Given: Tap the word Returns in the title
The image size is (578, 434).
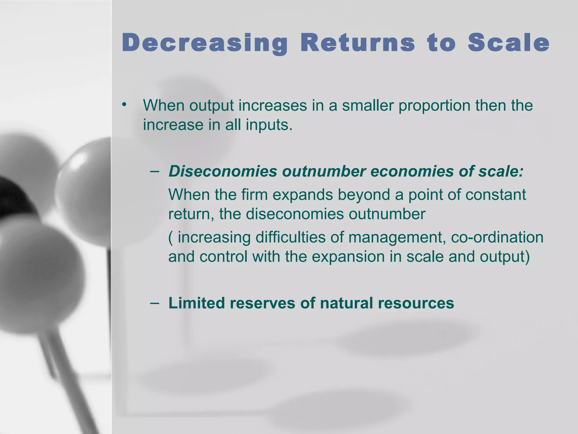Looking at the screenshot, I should [x=358, y=43].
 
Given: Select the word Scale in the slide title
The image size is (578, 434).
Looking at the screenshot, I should [x=508, y=43].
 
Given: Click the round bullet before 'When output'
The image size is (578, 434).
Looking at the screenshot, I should [x=124, y=105].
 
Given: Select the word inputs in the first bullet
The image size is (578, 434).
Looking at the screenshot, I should [x=269, y=125].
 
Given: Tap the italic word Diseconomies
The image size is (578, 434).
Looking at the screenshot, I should [x=223, y=171].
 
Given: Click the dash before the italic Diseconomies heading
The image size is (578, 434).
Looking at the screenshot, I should [x=155, y=171].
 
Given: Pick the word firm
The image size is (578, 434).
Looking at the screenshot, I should [x=254, y=195].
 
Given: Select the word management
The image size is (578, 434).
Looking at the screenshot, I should [x=397, y=237].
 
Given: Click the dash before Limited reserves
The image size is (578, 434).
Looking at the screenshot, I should [x=155, y=303].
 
